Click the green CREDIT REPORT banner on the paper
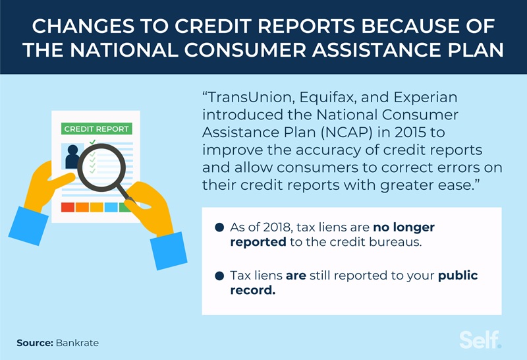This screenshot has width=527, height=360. [96, 129]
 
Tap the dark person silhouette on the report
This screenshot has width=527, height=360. [72, 158]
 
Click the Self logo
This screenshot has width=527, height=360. [480, 340]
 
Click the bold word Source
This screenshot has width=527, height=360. [34, 343]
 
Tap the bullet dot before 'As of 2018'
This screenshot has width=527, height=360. [219, 228]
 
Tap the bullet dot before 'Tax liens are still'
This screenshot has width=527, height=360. [219, 276]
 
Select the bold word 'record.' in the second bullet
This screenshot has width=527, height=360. [252, 291]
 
